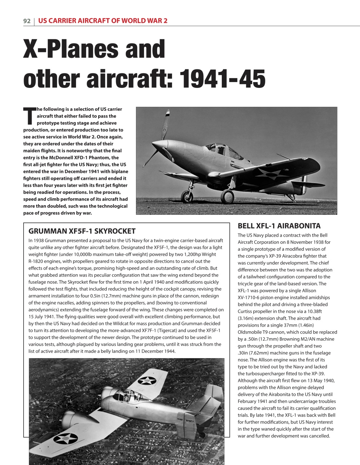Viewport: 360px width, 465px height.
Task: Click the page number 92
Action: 27,21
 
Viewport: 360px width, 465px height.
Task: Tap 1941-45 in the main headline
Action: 223,79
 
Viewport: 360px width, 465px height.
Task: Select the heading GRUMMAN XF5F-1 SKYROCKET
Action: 82,231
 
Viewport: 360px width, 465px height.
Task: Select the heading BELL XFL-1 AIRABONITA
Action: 279,226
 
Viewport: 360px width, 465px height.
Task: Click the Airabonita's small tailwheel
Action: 292,200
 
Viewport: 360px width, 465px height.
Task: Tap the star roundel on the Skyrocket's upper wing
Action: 147,380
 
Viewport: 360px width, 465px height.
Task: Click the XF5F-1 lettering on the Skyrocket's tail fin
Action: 190,421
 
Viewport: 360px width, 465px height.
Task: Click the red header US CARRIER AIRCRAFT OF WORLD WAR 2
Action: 103,21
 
